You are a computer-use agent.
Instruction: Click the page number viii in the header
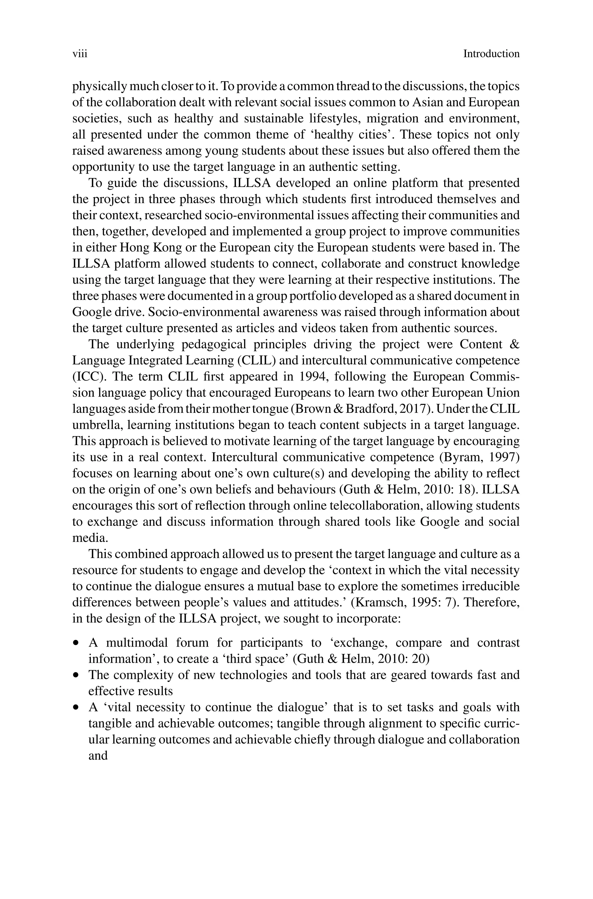pos(80,54)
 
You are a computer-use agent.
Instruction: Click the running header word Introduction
pos(491,54)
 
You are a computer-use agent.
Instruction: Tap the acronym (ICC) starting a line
pos(87,377)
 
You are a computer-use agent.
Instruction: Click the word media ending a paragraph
pos(90,538)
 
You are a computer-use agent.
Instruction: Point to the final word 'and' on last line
pos(98,756)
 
